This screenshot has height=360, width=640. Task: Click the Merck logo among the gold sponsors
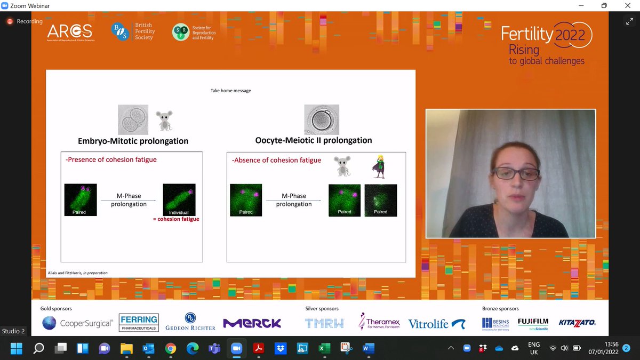click(x=252, y=323)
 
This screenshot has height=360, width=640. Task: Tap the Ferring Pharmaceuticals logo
click(x=138, y=323)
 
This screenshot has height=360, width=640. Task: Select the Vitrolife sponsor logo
click(x=436, y=323)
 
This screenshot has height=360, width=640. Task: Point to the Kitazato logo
click(x=577, y=323)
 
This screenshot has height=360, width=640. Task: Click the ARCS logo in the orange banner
click(x=69, y=32)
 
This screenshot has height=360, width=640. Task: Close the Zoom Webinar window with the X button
click(x=628, y=6)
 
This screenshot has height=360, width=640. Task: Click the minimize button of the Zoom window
click(x=580, y=6)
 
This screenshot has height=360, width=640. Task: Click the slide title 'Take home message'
click(x=230, y=91)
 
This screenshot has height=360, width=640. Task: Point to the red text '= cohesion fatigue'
click(x=178, y=219)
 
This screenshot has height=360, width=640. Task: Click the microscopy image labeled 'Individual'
click(x=179, y=199)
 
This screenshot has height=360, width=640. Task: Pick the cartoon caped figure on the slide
click(x=379, y=166)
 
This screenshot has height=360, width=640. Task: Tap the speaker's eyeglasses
click(x=509, y=173)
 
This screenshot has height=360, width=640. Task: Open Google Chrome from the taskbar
click(x=171, y=349)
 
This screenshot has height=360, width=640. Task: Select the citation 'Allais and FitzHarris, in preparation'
click(x=78, y=273)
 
